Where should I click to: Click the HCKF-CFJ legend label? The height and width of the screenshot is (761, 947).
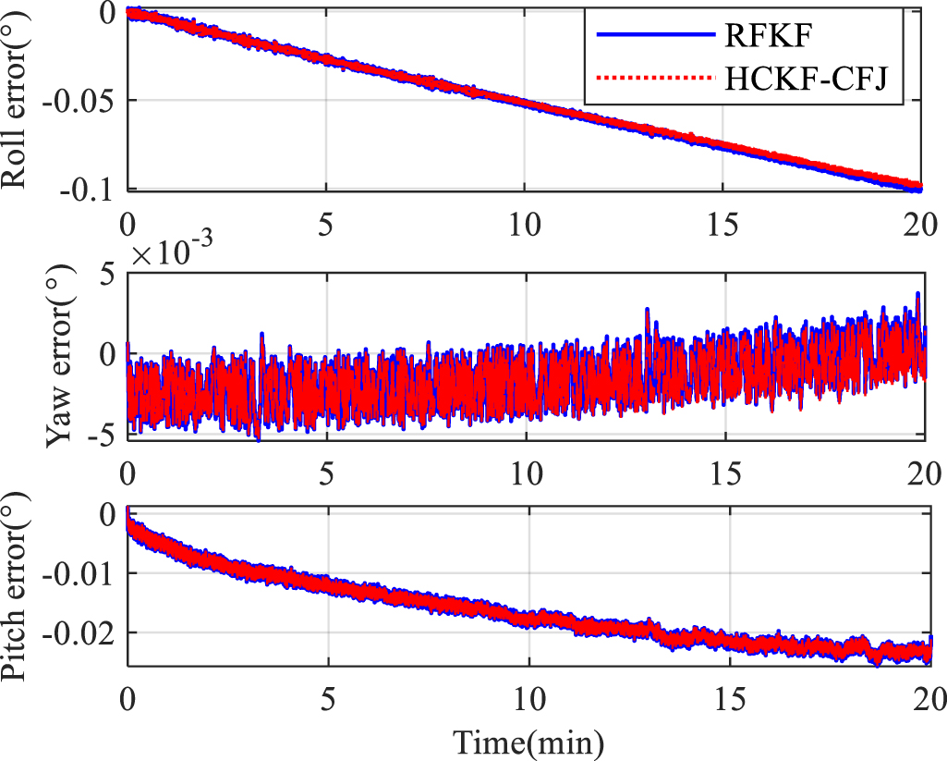click(803, 79)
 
